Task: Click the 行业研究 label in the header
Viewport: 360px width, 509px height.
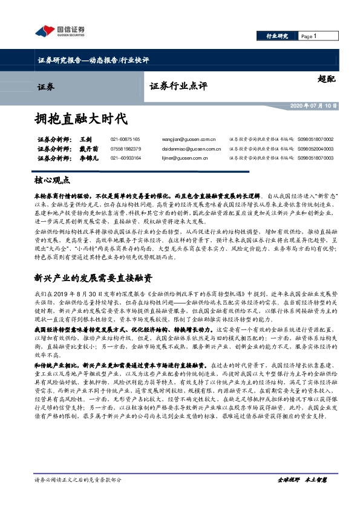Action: [278, 36]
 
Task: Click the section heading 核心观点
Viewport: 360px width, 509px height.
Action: [53, 180]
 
